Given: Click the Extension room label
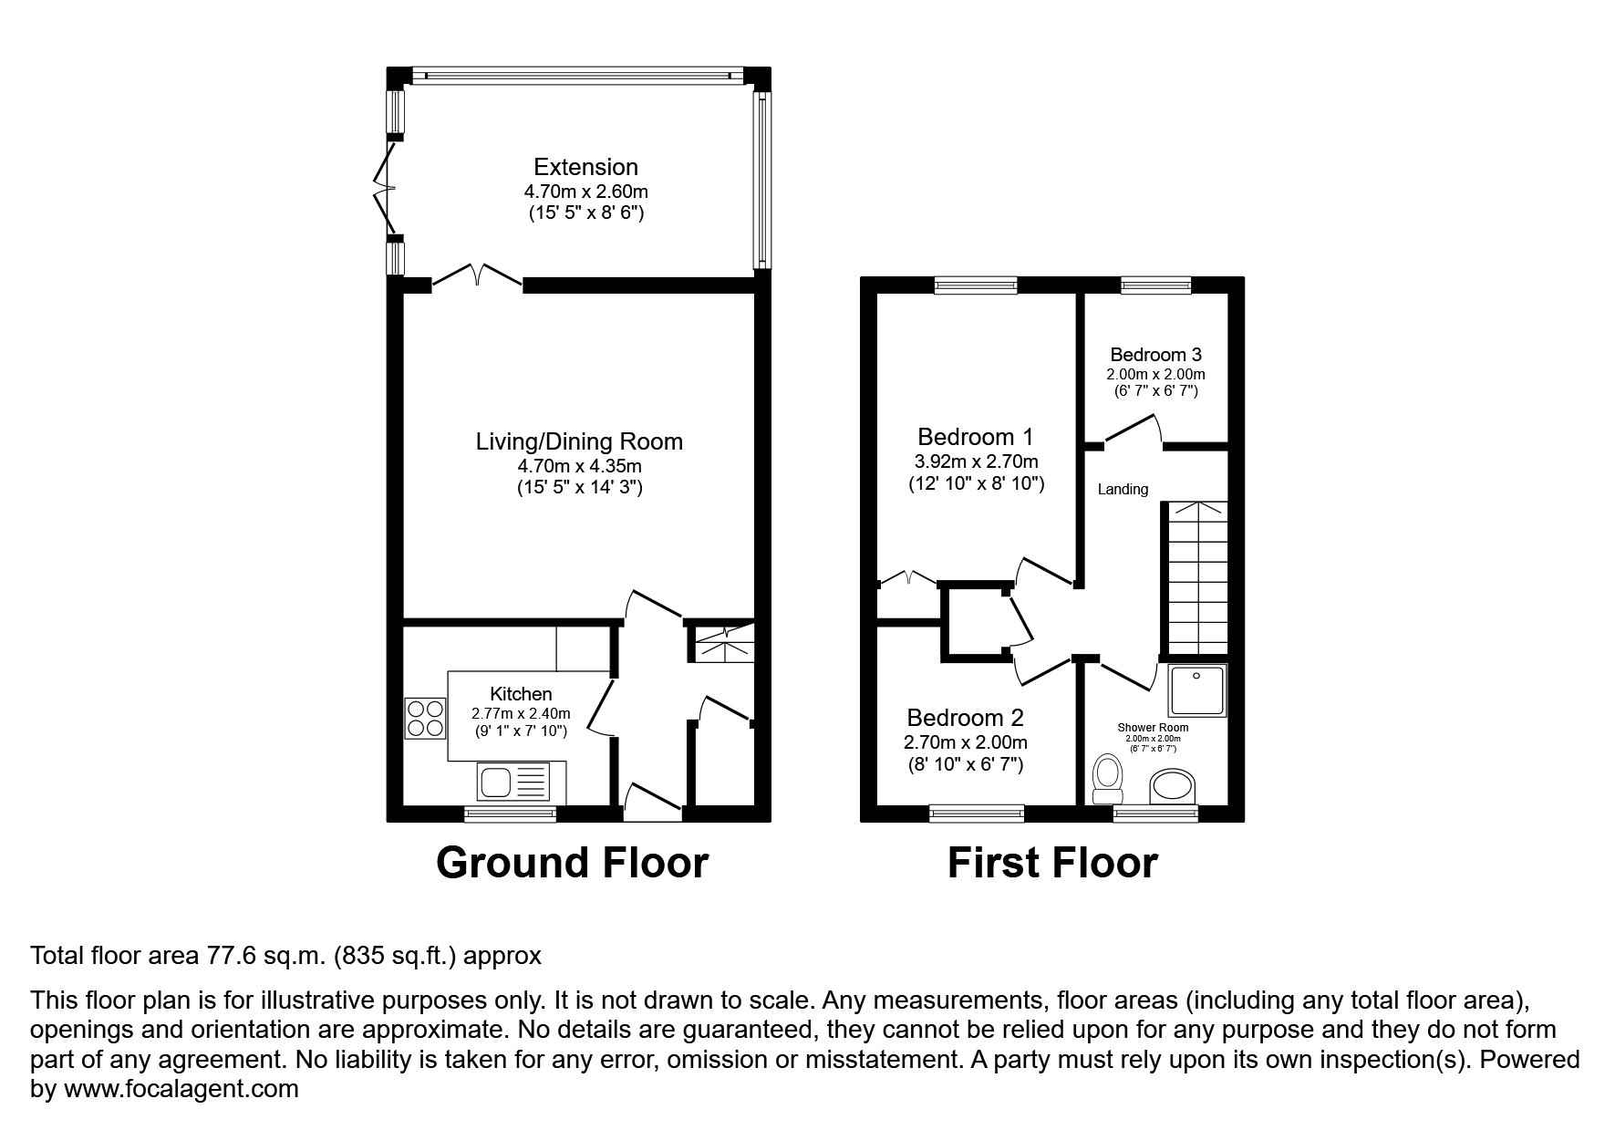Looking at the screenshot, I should [585, 167].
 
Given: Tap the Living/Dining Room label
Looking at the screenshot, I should [579, 441].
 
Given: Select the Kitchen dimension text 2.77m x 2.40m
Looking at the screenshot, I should [521, 713].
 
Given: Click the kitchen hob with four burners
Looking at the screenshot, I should [426, 718].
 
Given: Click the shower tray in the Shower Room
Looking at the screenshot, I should [1197, 689].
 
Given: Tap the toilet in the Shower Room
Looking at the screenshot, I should [1108, 776].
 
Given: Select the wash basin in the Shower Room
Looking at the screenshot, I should [1174, 786].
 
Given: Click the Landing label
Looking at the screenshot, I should [1123, 490].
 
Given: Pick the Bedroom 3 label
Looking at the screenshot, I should [1155, 355].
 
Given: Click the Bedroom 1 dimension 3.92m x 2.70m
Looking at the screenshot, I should [977, 461].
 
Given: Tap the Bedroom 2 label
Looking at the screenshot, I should [965, 718].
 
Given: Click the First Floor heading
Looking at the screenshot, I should [1052, 863].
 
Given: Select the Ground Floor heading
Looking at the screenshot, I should [572, 863].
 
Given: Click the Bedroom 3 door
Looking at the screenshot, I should [1134, 430].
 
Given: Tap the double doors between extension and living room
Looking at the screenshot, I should [478, 275].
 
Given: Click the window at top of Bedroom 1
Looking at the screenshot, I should [976, 285].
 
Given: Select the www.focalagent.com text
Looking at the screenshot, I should [180, 1089].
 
